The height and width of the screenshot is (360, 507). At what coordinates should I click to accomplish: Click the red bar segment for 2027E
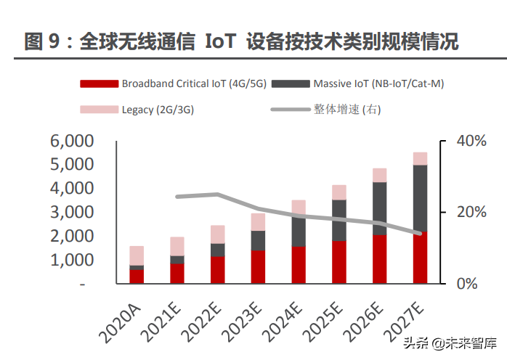point(420,258)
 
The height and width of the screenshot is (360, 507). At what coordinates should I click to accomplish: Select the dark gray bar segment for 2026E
point(380,208)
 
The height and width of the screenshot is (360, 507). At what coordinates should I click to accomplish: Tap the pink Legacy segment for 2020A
point(137,255)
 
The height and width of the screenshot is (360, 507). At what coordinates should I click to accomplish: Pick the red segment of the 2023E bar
point(258,267)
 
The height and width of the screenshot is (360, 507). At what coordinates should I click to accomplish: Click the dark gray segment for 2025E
point(339,220)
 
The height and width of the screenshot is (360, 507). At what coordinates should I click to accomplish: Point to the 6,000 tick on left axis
point(72,141)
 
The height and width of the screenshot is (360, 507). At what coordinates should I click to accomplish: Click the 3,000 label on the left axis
point(72,213)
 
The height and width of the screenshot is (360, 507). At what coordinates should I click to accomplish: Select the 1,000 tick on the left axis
point(72,260)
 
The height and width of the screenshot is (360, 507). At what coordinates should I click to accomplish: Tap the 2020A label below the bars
point(121,320)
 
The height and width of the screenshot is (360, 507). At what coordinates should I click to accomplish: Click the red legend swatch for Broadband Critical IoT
point(98,83)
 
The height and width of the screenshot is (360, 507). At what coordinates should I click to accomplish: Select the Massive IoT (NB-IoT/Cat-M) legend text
point(378,83)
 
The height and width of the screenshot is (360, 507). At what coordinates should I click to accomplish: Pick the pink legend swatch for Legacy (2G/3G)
point(98,110)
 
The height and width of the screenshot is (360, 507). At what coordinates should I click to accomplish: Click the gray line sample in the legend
point(291,110)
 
